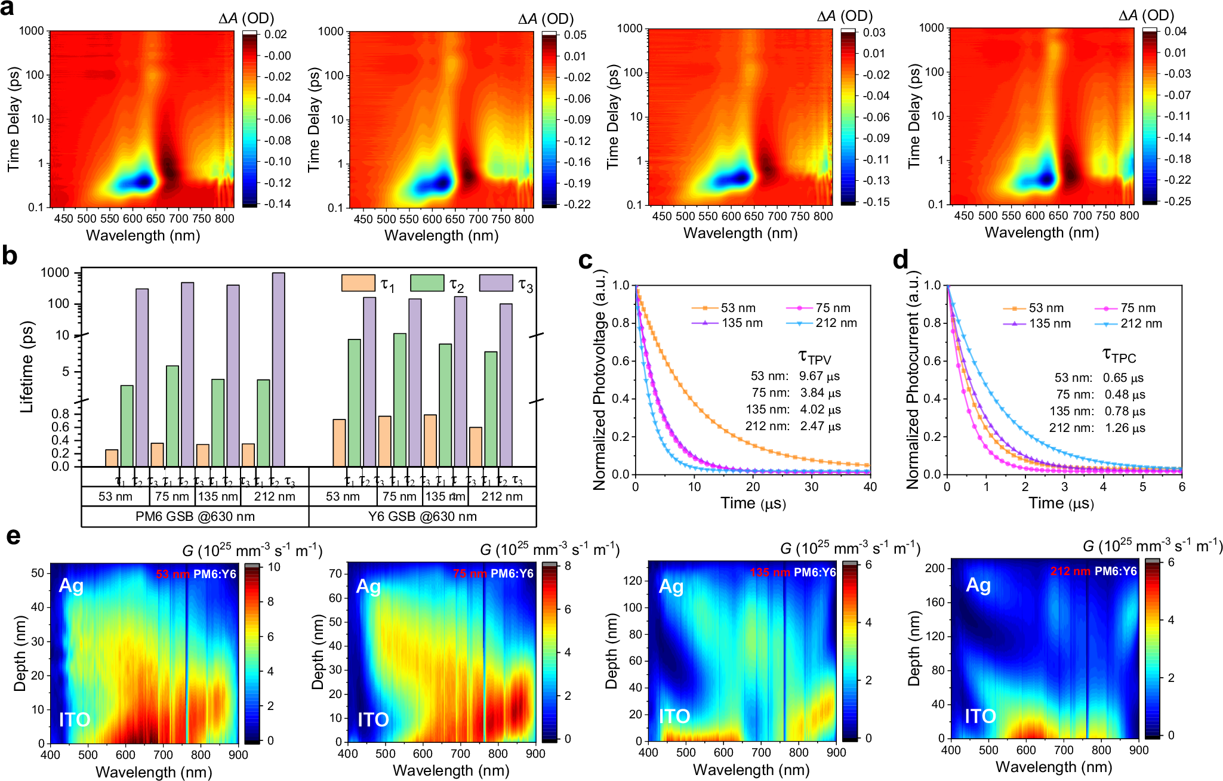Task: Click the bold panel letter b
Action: pyautogui.click(x=10, y=257)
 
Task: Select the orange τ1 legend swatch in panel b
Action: pyautogui.click(x=358, y=283)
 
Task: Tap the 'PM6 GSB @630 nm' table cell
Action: pyautogui.click(x=195, y=517)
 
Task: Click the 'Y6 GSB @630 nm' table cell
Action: pyautogui.click(x=422, y=517)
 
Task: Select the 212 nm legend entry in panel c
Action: pyautogui.click(x=836, y=323)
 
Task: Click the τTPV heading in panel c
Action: pyautogui.click(x=815, y=357)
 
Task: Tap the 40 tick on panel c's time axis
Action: pyautogui.click(x=870, y=487)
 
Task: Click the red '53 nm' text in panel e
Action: pyautogui.click(x=172, y=575)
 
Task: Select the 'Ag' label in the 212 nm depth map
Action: pyautogui.click(x=978, y=585)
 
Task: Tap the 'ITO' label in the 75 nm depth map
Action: pyautogui.click(x=373, y=720)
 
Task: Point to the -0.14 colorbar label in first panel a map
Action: pyautogui.click(x=276, y=204)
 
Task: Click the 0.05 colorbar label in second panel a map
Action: pyautogui.click(x=575, y=35)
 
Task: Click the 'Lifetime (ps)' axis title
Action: pyautogui.click(x=27, y=367)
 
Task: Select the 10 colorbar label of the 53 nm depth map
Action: pyautogui.click(x=274, y=567)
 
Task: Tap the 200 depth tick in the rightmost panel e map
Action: pyautogui.click(x=935, y=569)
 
